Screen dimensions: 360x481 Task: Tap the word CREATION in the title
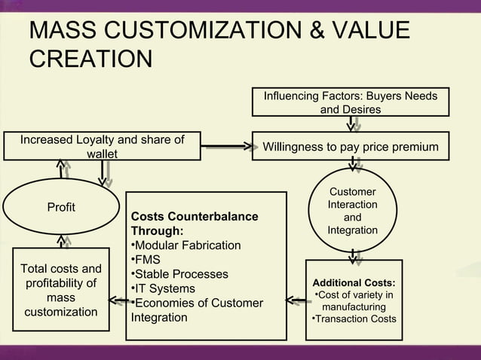(x=90, y=58)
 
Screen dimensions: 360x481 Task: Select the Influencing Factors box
(x=350, y=102)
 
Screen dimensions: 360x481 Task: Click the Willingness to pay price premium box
(x=350, y=146)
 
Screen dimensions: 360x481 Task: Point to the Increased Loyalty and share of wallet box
(x=102, y=147)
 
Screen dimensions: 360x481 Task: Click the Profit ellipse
(x=61, y=207)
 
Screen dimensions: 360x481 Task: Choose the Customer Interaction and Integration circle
(x=352, y=212)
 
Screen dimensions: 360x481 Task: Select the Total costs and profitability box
(x=60, y=290)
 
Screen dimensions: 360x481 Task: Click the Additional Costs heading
(x=354, y=283)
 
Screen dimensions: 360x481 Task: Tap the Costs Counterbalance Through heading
(x=195, y=224)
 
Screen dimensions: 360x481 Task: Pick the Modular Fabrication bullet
(x=186, y=246)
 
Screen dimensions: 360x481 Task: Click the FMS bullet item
(x=146, y=260)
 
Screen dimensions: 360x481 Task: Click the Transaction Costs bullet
(x=354, y=319)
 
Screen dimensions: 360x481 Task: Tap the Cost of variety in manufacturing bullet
(x=354, y=301)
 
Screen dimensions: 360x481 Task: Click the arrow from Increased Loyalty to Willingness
(x=225, y=145)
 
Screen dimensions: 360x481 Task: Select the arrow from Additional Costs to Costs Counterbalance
(x=296, y=302)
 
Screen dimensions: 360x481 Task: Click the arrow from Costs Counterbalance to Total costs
(x=117, y=301)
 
